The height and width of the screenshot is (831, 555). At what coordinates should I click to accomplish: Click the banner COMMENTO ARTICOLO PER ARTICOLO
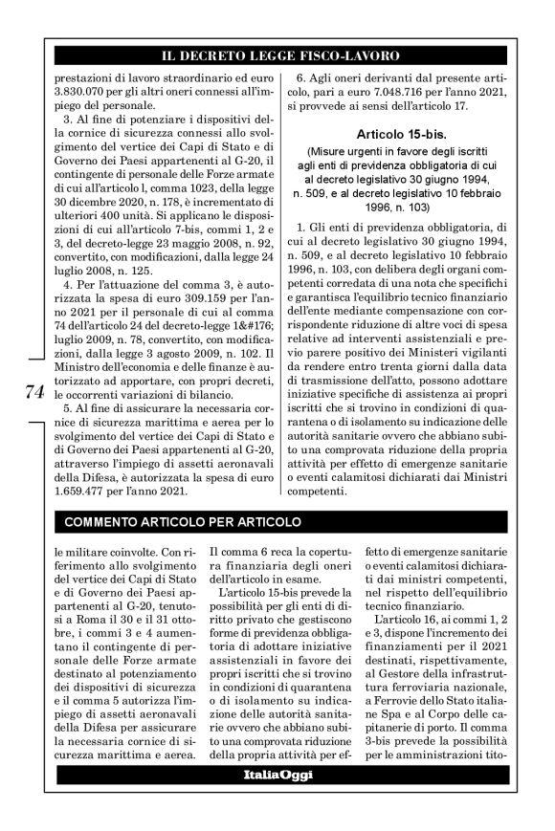tap(182, 522)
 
